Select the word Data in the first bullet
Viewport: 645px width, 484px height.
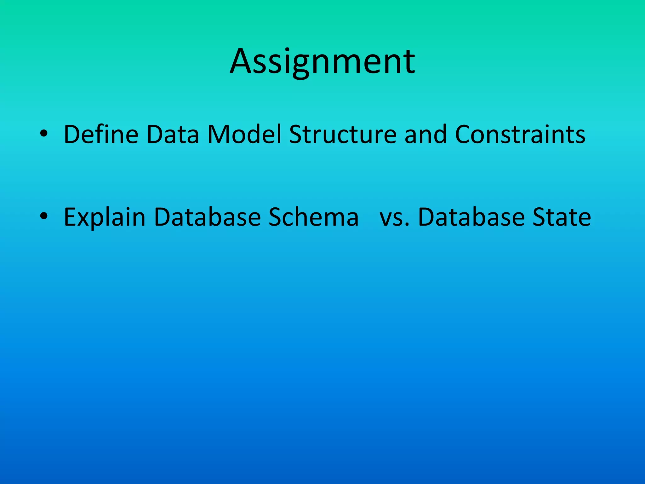[173, 135]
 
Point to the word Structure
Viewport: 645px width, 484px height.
[343, 135]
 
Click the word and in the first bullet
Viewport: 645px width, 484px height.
[425, 135]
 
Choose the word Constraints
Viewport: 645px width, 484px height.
[520, 135]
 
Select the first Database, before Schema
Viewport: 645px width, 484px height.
[208, 217]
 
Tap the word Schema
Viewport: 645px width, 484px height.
[313, 217]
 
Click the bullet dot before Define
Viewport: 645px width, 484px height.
[44, 135]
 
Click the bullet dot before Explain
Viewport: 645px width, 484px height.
[44, 217]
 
